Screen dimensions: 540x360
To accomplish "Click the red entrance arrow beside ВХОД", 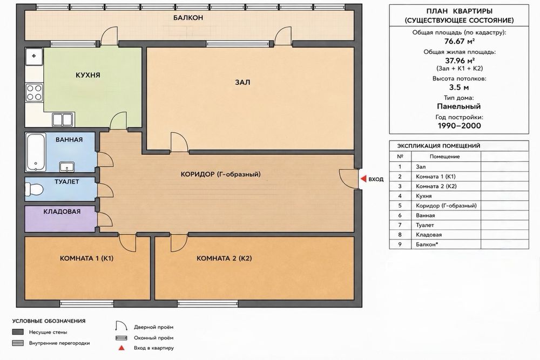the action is coord(363,179).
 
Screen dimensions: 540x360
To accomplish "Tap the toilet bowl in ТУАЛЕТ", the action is coord(34,189).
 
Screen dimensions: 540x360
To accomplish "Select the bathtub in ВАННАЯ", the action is coord(36,152).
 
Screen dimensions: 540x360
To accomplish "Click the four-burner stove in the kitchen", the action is coord(34,92).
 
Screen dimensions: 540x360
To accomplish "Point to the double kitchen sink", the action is coord(63,119).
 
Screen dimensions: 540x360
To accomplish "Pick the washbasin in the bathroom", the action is coord(66,167).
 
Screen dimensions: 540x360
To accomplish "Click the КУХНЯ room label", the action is coord(88,75).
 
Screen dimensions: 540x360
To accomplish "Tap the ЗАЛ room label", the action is coord(242,82).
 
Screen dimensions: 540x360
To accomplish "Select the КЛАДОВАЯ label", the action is coord(62,212).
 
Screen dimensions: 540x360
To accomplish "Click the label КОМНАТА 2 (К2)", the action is coord(224,258).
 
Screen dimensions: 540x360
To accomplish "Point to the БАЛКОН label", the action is coord(188,18).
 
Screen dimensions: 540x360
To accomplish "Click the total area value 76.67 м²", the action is coord(460,42).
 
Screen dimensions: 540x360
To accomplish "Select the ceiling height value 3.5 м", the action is coord(459,87).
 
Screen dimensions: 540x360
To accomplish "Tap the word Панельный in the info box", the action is coord(458,106).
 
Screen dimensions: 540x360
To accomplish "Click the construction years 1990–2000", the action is coord(459,126).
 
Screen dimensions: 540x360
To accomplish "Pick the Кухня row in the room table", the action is coord(423,196).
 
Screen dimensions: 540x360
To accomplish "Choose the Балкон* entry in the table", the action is coord(427,244).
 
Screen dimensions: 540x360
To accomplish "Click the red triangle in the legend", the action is coord(121,348).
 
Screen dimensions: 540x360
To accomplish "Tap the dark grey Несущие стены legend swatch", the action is coord(18,332).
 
